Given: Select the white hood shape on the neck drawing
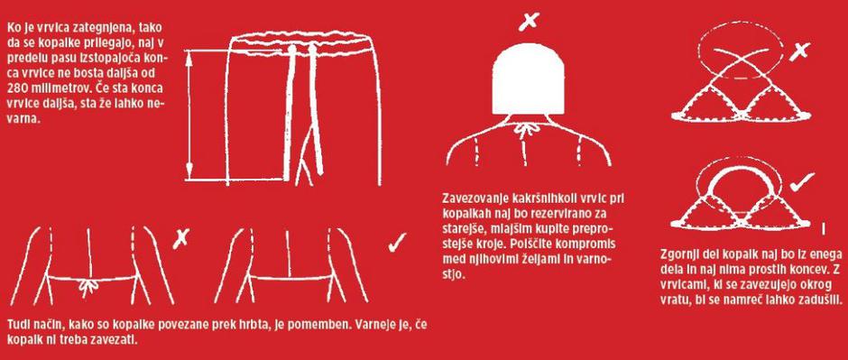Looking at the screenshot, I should tap(530, 78).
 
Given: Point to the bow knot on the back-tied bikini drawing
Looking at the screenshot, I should tap(88, 288).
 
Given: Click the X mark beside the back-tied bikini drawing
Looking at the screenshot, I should tap(181, 237).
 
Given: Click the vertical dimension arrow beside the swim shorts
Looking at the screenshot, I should tap(189, 115).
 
